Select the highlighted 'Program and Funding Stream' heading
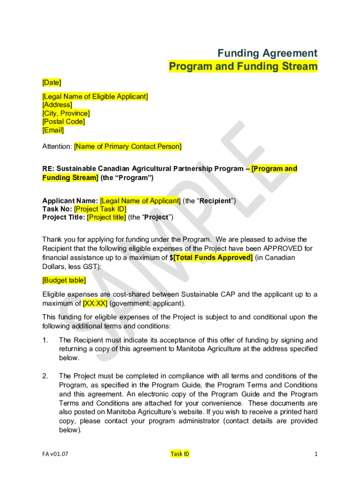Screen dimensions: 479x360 (x=243, y=66)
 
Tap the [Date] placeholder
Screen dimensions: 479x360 (x=52, y=83)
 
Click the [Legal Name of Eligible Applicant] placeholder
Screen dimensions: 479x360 (x=95, y=97)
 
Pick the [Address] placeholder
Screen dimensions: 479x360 (x=57, y=105)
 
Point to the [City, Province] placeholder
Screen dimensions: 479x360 (x=66, y=113)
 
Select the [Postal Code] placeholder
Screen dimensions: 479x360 (x=64, y=122)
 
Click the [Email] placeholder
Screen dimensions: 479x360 (x=53, y=130)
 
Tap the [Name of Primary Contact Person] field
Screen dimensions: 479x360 (x=128, y=147)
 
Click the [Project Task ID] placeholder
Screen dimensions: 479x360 (x=100, y=209)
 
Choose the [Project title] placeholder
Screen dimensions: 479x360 (x=106, y=217)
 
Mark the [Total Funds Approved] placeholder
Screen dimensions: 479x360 (x=213, y=258)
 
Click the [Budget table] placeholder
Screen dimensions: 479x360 (x=64, y=280)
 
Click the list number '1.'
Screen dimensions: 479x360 (x=45, y=340)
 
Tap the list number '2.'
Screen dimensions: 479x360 (x=45, y=376)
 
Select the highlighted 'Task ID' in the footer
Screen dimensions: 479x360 (x=180, y=454)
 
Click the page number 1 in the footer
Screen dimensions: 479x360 (x=316, y=454)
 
